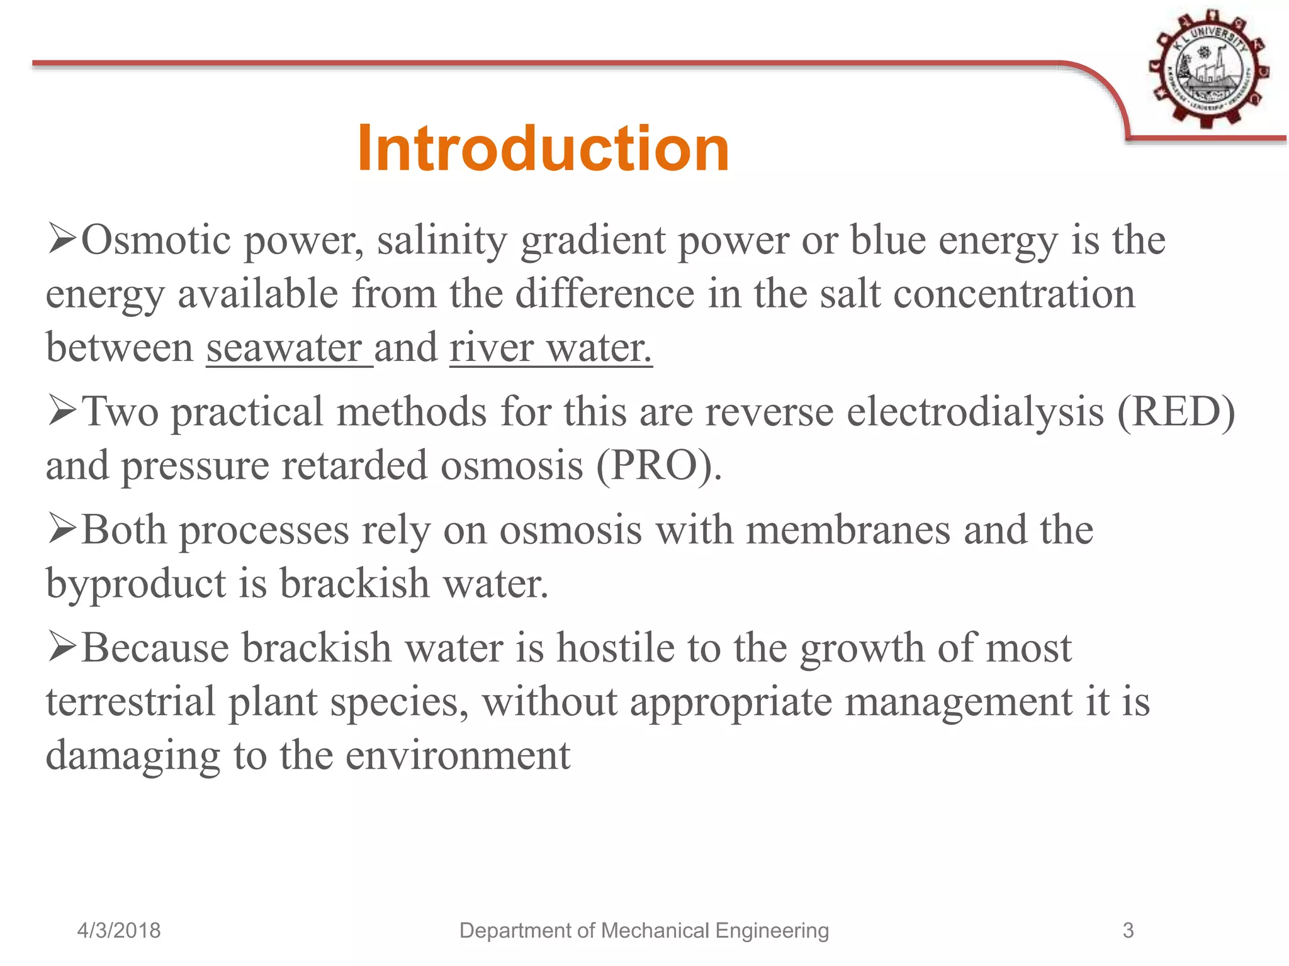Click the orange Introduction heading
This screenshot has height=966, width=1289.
543,148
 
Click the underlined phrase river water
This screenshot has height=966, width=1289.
551,347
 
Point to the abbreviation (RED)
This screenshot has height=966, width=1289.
1176,413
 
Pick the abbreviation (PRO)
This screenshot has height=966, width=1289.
658,466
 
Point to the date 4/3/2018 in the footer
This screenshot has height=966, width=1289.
119,930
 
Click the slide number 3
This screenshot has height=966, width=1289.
1128,930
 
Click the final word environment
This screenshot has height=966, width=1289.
458,756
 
